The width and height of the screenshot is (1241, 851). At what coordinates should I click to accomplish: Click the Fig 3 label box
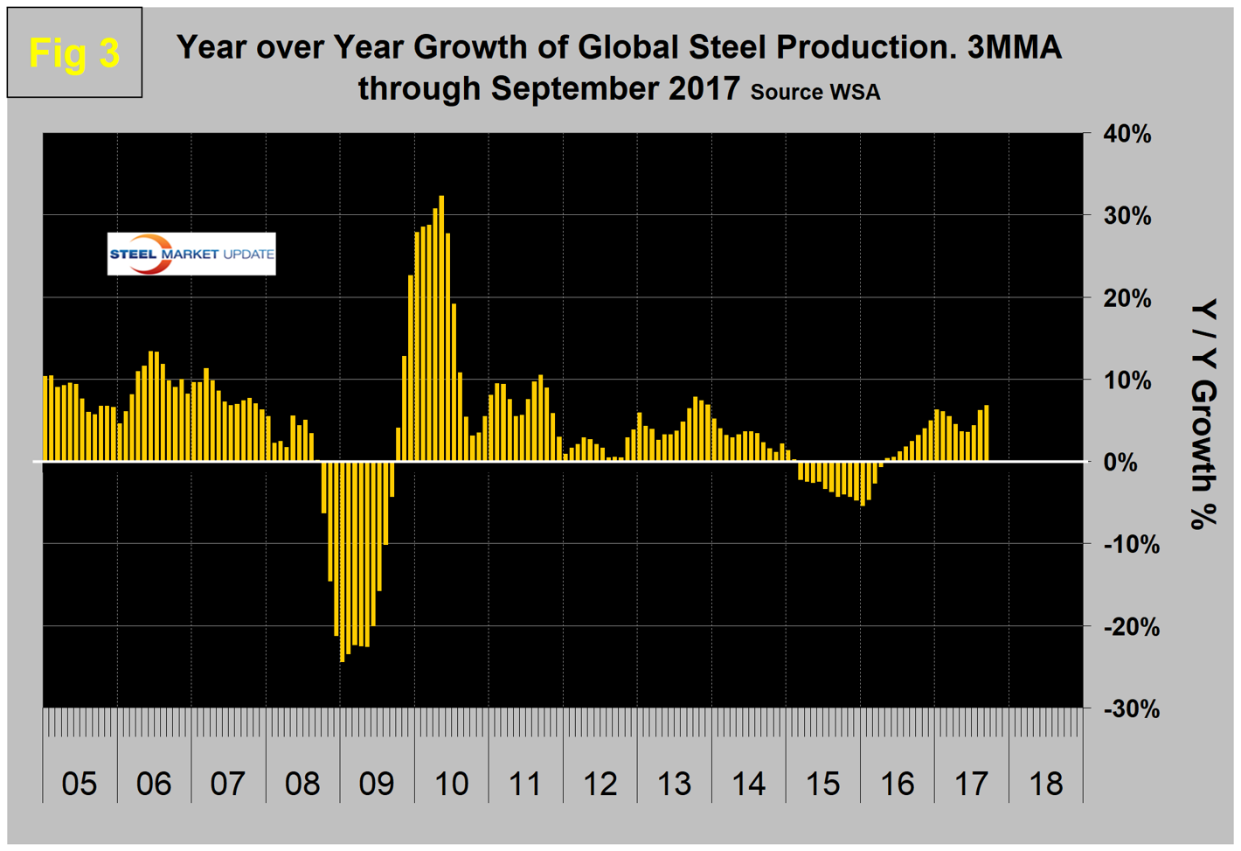[74, 53]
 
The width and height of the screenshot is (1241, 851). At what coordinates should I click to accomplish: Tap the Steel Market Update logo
[191, 254]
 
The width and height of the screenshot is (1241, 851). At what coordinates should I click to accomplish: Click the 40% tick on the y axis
[1127, 135]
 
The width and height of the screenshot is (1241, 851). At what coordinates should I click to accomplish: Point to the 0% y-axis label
[1120, 463]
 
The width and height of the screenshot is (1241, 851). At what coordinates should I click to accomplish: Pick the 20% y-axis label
[1127, 298]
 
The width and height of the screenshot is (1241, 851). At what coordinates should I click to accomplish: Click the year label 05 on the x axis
[80, 784]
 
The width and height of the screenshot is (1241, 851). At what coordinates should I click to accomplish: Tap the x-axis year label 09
[377, 784]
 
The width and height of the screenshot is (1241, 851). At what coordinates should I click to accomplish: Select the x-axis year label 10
[451, 784]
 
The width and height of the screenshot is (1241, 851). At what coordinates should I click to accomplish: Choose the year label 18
[1045, 784]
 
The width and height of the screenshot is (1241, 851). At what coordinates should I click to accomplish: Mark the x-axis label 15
[822, 784]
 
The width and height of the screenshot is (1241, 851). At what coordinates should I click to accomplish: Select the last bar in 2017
[987, 433]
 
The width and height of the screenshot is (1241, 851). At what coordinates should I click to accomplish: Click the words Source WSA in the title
[815, 92]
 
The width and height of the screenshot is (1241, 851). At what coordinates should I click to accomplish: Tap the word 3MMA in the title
[1014, 47]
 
